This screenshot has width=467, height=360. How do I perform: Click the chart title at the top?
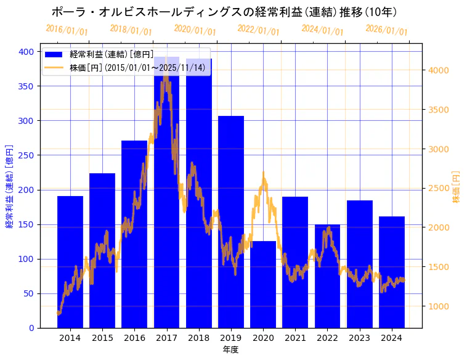point(224,12)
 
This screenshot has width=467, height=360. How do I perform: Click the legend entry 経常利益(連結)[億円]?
point(112,55)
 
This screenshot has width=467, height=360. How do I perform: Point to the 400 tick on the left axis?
point(26,52)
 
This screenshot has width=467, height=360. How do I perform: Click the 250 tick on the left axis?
point(26,155)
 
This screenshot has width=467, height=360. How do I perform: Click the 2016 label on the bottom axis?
point(134,338)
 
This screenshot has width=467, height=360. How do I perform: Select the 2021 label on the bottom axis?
point(295,338)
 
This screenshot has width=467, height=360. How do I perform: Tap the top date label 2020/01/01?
point(195,30)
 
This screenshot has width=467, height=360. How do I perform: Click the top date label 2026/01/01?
point(386,30)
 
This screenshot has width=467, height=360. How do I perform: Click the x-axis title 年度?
point(231,350)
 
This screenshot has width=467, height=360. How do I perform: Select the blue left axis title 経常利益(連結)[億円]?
point(9,186)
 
